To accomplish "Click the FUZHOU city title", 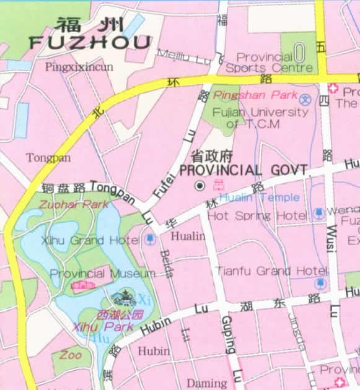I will [90, 42].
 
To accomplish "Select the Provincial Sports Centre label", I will [268, 62].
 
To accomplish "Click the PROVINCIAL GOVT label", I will [243, 170].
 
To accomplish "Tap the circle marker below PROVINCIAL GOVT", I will [200, 185].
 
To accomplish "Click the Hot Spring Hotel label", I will [257, 216].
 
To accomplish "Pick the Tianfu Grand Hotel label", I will [271, 271].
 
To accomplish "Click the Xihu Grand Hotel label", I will [90, 240].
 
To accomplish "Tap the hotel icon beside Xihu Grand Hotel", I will [150, 238].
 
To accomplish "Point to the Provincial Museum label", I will [102, 273].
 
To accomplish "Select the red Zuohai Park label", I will [64, 204].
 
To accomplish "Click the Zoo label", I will [70, 355].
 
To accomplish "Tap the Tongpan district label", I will [48, 158].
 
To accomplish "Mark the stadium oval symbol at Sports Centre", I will [299, 51].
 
